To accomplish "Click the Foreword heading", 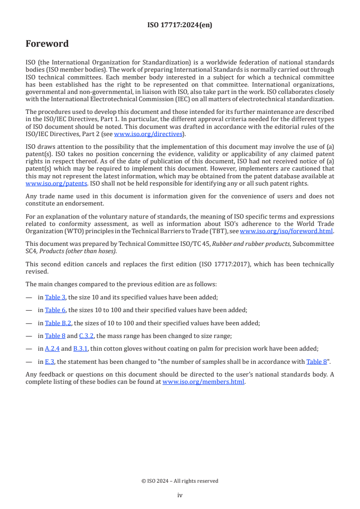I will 47,44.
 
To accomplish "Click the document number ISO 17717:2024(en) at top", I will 180,25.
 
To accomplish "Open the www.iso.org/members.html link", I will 203,382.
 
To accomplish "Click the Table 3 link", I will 55,297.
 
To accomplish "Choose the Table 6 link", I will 55,310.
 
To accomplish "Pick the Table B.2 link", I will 59,323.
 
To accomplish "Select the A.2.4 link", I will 52,348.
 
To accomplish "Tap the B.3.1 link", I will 81,348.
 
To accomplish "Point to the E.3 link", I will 49,362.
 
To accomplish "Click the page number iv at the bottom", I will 180,495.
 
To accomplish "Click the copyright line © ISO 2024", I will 180,481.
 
